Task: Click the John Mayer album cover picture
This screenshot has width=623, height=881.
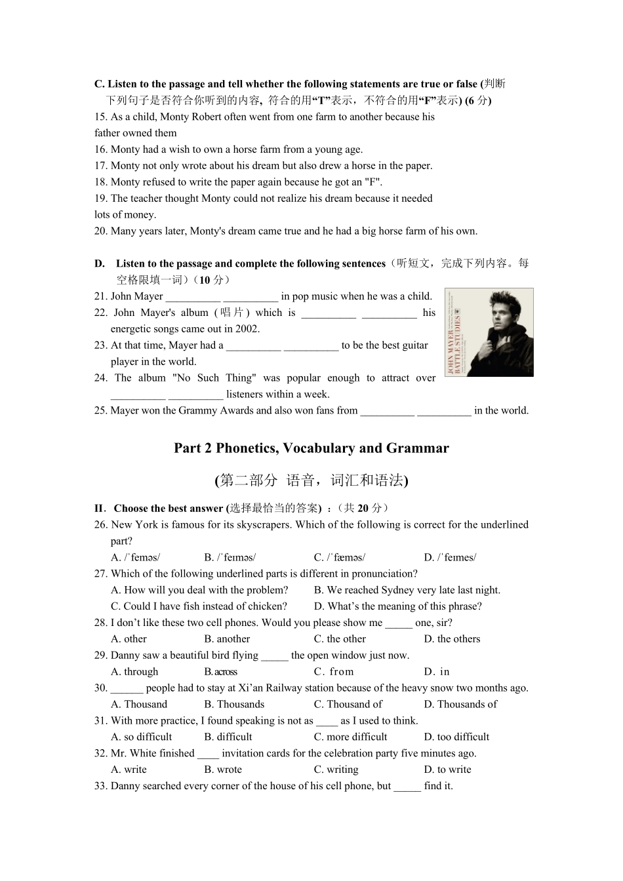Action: click(x=489, y=332)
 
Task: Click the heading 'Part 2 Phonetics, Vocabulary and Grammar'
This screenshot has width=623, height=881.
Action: click(x=311, y=448)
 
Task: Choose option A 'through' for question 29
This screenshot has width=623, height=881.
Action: click(x=134, y=672)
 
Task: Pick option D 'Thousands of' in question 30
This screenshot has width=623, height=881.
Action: click(x=460, y=705)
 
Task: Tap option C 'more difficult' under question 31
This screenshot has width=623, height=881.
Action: click(x=350, y=737)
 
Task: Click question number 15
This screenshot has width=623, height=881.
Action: click(x=100, y=117)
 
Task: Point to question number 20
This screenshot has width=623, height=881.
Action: click(x=100, y=231)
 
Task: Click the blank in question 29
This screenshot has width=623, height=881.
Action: click(x=274, y=656)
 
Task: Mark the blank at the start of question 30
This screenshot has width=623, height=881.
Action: click(x=127, y=688)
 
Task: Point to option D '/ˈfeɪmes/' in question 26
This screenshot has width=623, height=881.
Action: click(x=450, y=558)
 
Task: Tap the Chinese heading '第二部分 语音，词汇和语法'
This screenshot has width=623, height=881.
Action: click(x=311, y=480)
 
